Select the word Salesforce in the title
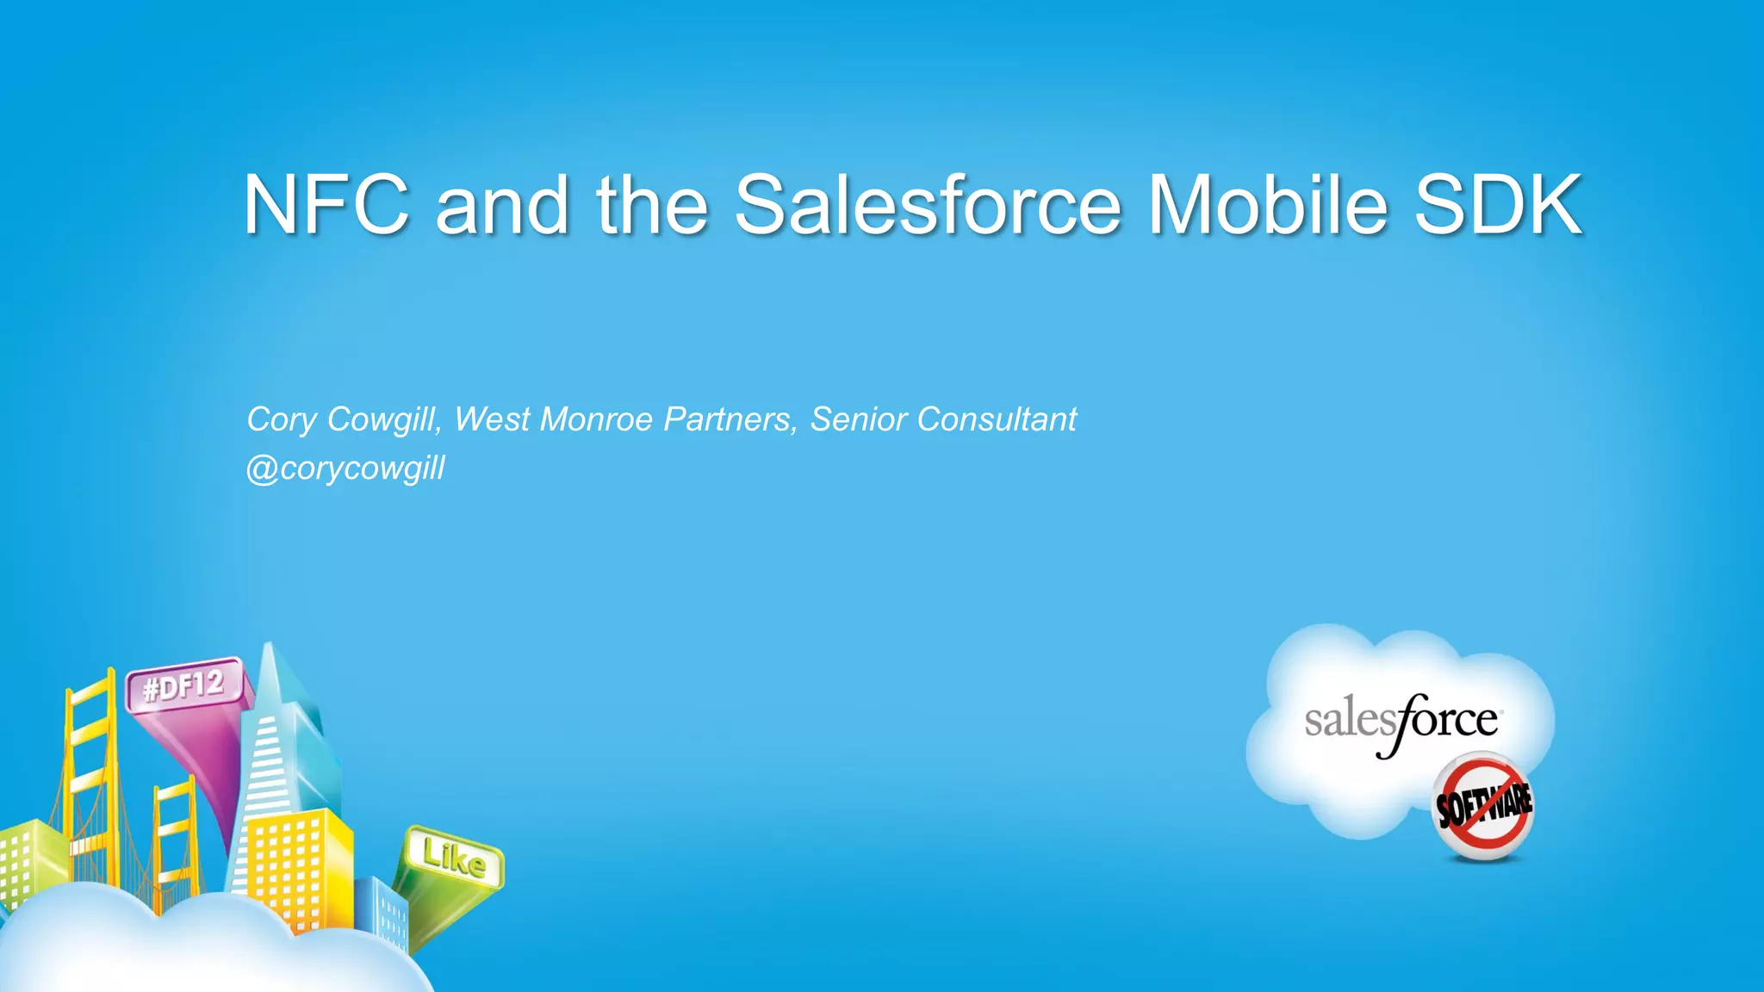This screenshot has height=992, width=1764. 928,204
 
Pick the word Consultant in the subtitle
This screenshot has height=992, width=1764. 997,419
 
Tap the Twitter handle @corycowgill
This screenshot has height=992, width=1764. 345,468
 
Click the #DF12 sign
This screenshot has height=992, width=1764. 183,686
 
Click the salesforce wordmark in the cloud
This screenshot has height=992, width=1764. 1402,721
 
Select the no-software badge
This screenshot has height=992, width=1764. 1483,806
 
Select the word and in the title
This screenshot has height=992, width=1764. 502,204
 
